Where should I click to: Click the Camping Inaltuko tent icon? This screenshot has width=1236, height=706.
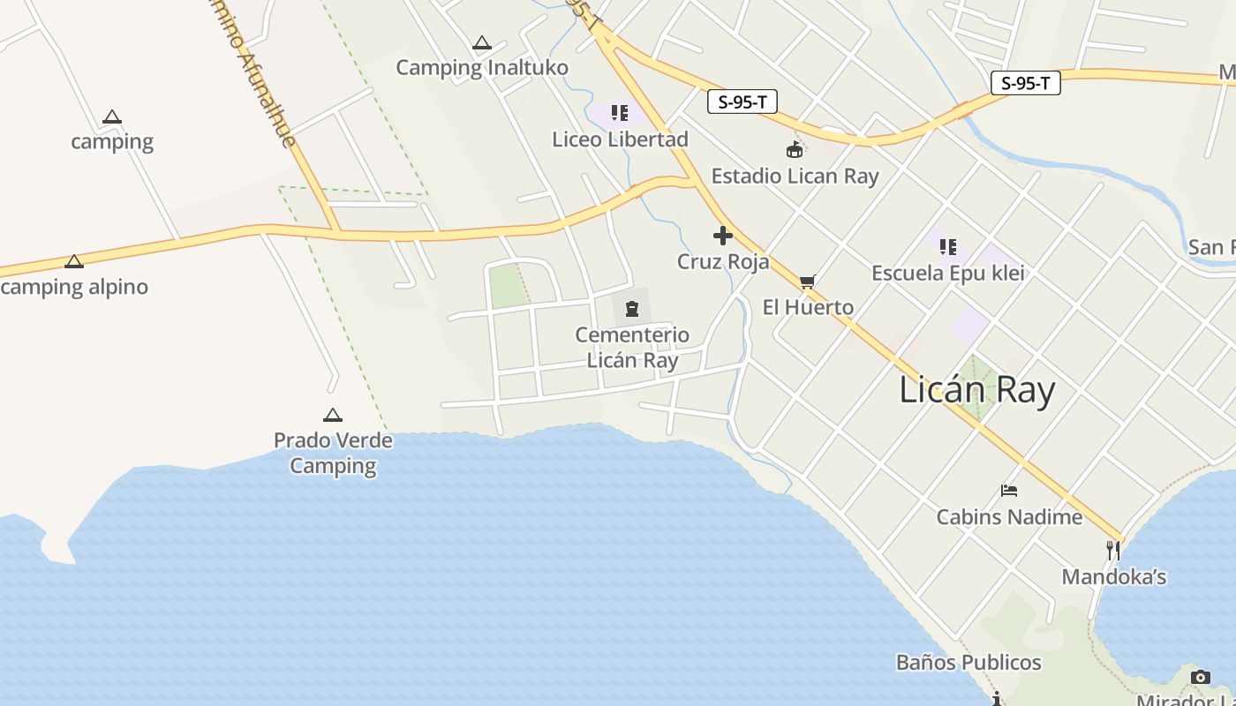pyautogui.click(x=481, y=42)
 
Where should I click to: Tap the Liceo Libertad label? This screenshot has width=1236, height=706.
pyautogui.click(x=620, y=139)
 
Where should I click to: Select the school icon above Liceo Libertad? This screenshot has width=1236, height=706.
pyautogui.click(x=620, y=113)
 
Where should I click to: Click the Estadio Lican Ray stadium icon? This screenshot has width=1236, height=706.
pyautogui.click(x=795, y=150)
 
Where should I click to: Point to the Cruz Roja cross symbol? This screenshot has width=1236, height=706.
pyautogui.click(x=723, y=236)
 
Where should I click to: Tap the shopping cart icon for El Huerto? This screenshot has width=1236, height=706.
pyautogui.click(x=807, y=282)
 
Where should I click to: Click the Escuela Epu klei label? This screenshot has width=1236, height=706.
pyautogui.click(x=948, y=274)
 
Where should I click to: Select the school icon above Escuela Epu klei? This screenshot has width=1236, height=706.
pyautogui.click(x=948, y=247)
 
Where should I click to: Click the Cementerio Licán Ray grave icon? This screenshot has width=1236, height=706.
pyautogui.click(x=632, y=309)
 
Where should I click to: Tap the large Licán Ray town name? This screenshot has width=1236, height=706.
pyautogui.click(x=977, y=390)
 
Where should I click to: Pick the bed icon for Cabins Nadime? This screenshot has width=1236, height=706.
pyautogui.click(x=1009, y=491)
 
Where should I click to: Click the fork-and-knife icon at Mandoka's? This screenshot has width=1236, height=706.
pyautogui.click(x=1113, y=551)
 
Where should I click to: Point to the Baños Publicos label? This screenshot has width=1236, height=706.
pyautogui.click(x=968, y=663)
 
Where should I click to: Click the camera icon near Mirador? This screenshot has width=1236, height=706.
pyautogui.click(x=1201, y=678)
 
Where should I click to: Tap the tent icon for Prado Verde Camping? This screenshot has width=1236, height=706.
pyautogui.click(x=333, y=415)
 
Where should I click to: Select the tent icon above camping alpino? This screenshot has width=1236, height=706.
pyautogui.click(x=74, y=261)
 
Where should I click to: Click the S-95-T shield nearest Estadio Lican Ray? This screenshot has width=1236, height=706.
pyautogui.click(x=742, y=102)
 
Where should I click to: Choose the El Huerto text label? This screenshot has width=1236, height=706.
pyautogui.click(x=808, y=308)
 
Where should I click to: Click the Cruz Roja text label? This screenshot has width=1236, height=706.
pyautogui.click(x=723, y=262)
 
